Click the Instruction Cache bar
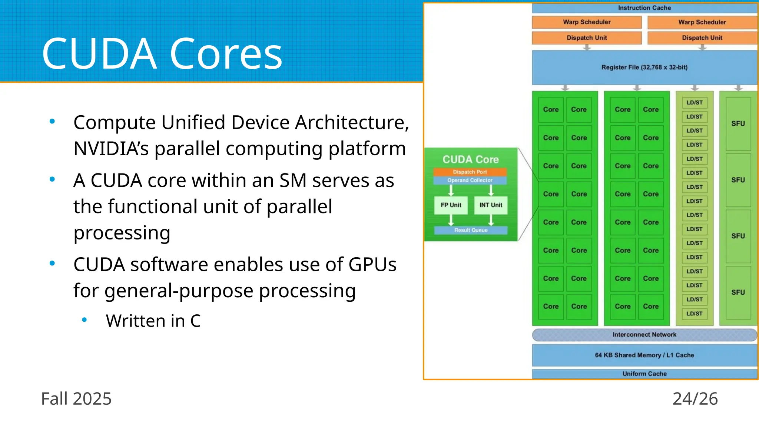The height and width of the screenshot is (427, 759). tap(644, 8)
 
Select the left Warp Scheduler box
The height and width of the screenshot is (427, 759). tap(586, 22)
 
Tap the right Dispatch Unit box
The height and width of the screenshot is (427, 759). tap(702, 37)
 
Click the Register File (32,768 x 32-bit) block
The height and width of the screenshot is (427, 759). tap(644, 67)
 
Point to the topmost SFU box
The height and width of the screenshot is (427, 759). tap(738, 123)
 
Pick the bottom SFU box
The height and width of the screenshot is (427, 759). tap(738, 292)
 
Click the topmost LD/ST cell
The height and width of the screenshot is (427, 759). tap(694, 103)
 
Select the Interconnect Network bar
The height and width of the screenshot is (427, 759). tap(644, 334)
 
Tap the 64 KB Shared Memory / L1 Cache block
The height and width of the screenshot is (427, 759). tap(644, 355)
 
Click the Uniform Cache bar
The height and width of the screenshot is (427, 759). tap(644, 374)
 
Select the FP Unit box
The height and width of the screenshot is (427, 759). tap(451, 205)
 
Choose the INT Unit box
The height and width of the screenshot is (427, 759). tap(491, 205)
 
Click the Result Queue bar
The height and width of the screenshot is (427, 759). tap(471, 230)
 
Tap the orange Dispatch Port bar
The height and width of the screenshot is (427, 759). tap(470, 172)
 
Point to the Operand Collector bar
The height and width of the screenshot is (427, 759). tap(470, 181)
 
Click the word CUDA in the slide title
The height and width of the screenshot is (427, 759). tap(99, 54)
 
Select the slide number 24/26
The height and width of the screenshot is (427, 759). tap(695, 399)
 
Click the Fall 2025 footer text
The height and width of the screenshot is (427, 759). tap(76, 399)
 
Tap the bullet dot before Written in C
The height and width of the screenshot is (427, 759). tap(84, 320)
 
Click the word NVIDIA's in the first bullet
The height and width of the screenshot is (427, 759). tap(111, 149)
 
